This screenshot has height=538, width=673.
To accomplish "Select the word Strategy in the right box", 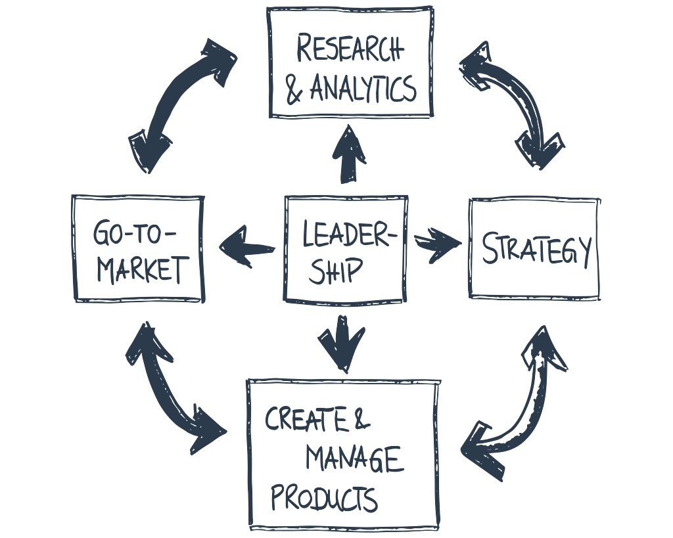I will point(536,249).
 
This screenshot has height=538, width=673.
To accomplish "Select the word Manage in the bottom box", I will point(354,459).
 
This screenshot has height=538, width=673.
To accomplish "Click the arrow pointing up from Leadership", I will point(348,154).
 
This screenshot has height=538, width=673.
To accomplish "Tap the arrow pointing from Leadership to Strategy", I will point(437,245).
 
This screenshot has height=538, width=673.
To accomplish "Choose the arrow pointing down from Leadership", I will point(341,343).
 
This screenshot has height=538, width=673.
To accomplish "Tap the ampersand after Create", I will point(361,418).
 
